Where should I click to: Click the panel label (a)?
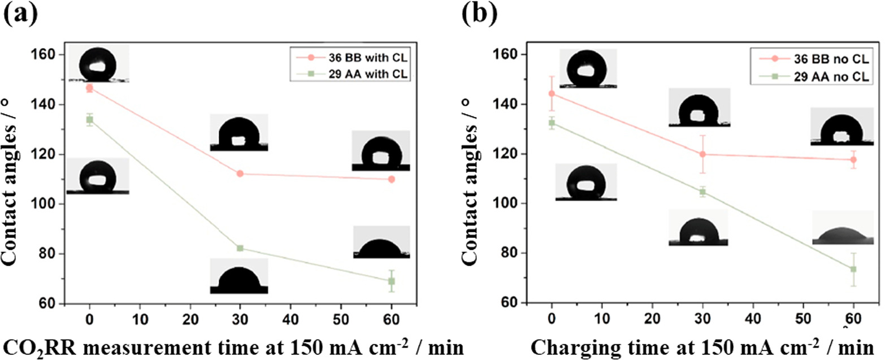coord(22,12)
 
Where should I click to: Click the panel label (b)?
coord(478,12)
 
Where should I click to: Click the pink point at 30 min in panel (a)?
coord(240,174)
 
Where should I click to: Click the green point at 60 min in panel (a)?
coord(391,281)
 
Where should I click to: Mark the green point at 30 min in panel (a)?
coord(240,248)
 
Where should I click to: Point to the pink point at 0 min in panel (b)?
coord(552,94)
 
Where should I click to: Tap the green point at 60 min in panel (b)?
coord(853,269)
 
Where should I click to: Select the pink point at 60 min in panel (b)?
coord(853,160)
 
